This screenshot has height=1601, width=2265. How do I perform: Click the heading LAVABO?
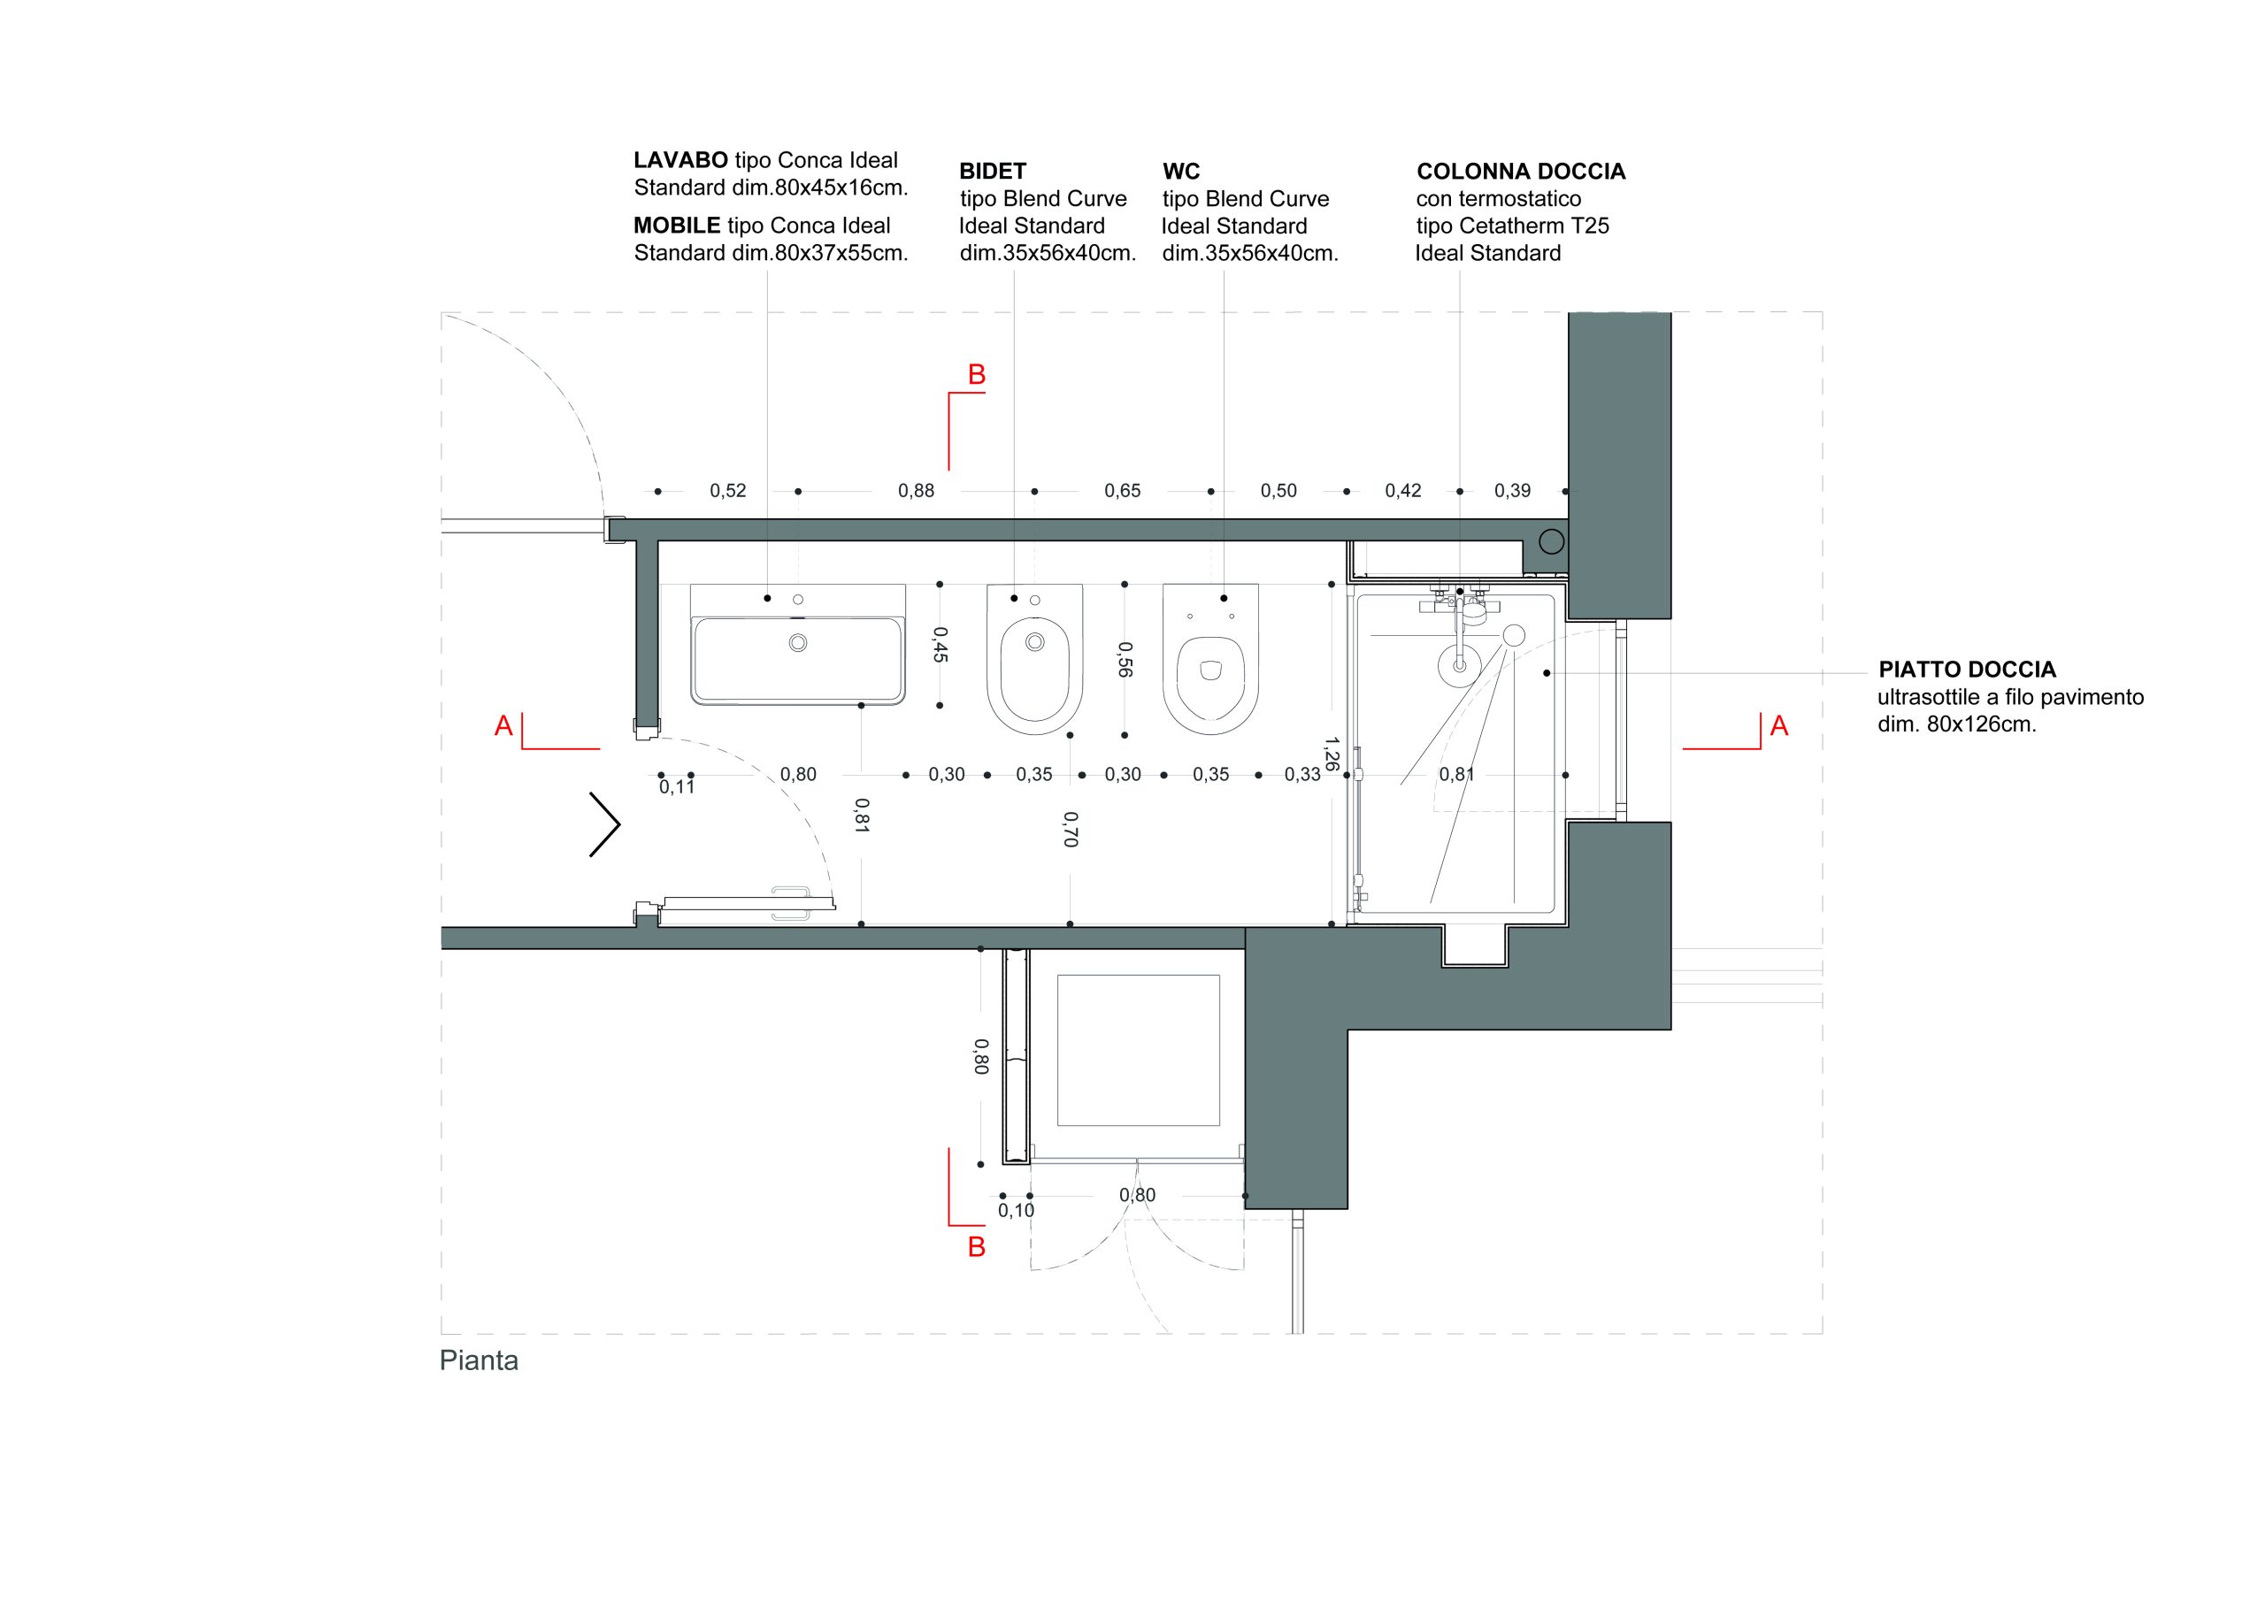pyautogui.click(x=680, y=160)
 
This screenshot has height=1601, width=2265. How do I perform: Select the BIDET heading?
pyautogui.click(x=993, y=172)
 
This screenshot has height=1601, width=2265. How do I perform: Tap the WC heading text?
pyautogui.click(x=1181, y=172)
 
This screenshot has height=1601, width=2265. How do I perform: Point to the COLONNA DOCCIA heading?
pyautogui.click(x=1520, y=172)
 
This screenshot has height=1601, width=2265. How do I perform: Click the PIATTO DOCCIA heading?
pyautogui.click(x=1967, y=670)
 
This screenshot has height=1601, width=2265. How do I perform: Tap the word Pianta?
pyautogui.click(x=479, y=1361)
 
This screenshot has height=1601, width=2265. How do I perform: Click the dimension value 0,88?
pyautogui.click(x=916, y=490)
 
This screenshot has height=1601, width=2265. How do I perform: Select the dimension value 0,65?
pyautogui.click(x=1122, y=490)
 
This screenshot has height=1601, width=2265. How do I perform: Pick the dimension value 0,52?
pyautogui.click(x=728, y=490)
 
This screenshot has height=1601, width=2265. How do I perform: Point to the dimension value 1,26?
pyautogui.click(x=1331, y=754)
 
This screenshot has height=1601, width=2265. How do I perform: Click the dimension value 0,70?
pyautogui.click(x=1071, y=829)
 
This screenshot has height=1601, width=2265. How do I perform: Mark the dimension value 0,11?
pyautogui.click(x=677, y=787)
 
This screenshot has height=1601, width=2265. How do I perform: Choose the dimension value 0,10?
pyautogui.click(x=1016, y=1210)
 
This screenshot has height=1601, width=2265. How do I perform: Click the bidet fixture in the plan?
pyautogui.click(x=1035, y=659)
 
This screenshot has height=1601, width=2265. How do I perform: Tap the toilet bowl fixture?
pyautogui.click(x=1210, y=659)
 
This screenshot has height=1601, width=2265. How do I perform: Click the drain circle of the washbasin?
pyautogui.click(x=798, y=643)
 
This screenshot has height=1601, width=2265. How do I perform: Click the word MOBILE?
pyautogui.click(x=677, y=226)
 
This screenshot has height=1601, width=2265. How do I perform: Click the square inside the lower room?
pyautogui.click(x=1139, y=1050)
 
